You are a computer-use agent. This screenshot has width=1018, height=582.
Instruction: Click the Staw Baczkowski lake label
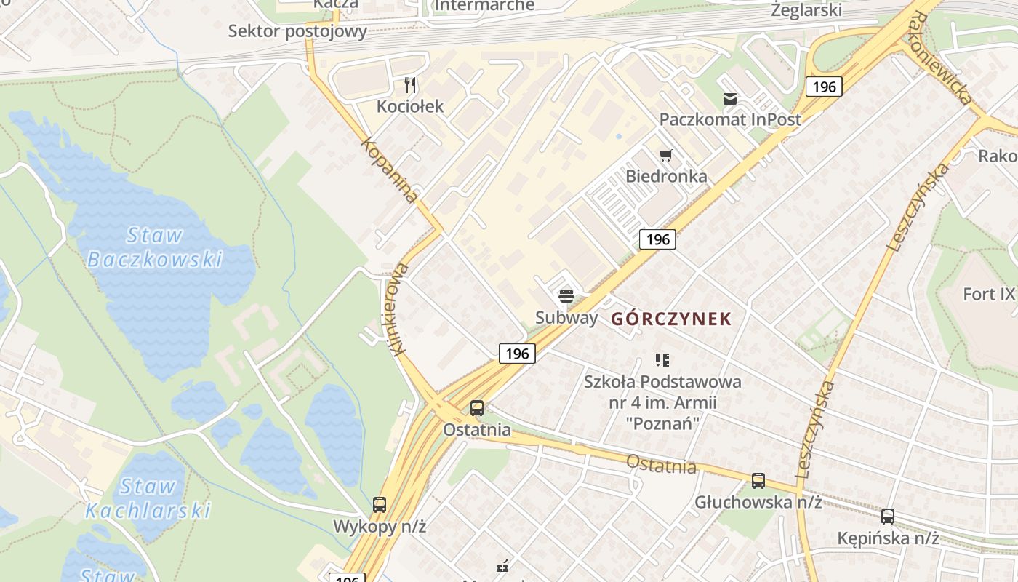tap(153, 247)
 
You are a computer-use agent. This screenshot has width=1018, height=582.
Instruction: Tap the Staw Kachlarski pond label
tap(148, 498)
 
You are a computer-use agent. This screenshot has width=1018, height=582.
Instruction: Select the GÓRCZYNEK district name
tap(671, 319)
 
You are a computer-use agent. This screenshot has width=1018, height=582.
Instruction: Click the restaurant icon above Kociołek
tap(410, 86)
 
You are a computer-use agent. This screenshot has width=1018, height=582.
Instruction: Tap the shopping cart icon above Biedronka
tap(665, 155)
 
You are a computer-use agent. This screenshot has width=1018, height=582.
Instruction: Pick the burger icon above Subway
tap(566, 296)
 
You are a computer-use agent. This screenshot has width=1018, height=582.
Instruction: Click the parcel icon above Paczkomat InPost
tap(729, 99)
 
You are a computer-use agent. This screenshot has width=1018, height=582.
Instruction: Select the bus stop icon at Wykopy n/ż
tap(380, 504)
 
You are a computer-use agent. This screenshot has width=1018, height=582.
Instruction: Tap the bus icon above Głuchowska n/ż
tap(758, 480)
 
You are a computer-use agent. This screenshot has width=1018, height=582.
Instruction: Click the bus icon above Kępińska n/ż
tap(888, 517)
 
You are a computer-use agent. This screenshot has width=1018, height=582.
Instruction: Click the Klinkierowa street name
tap(400, 309)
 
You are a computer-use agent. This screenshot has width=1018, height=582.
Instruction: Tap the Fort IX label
tap(988, 295)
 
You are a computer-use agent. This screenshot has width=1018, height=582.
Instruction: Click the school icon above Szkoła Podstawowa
tap(662, 359)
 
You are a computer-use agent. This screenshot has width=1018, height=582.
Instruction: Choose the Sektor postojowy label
tap(297, 31)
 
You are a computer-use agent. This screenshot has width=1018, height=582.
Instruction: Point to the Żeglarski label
tap(806, 10)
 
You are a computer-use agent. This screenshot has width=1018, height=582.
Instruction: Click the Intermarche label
tap(484, 6)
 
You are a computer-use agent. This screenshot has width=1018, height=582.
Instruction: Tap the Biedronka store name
tap(666, 176)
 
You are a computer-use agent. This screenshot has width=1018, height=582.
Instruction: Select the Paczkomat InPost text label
tap(730, 119)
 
